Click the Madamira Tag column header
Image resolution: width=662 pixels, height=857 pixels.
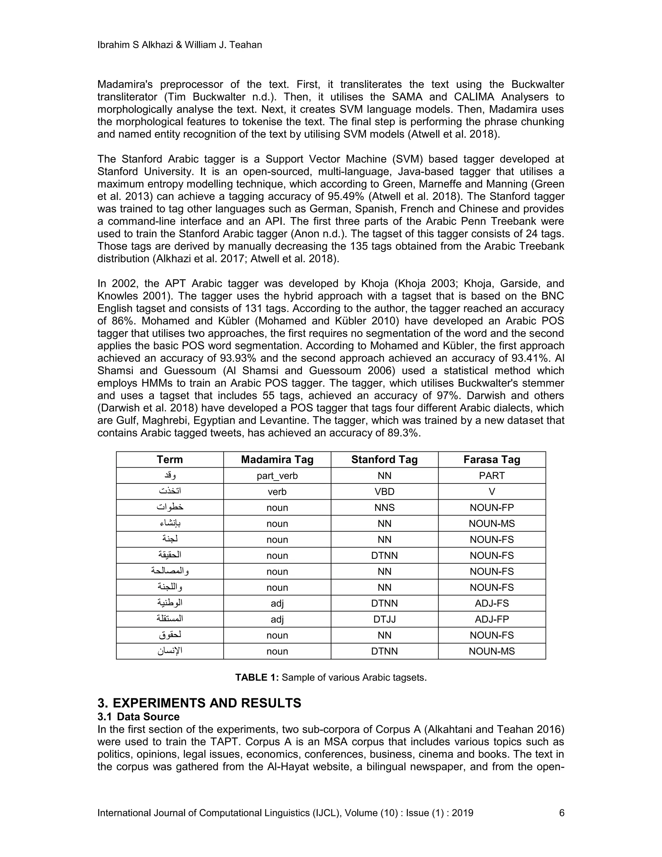coord(277,460)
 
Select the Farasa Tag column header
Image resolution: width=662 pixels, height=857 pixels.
coord(491,460)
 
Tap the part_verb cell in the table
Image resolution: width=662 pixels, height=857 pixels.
coord(277,476)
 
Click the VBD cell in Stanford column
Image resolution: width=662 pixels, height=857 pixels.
coord(384,492)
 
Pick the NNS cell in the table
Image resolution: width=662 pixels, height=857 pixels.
coord(384,508)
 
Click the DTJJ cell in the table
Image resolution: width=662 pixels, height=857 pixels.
coord(384,619)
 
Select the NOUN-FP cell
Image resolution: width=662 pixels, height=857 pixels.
coord(491,508)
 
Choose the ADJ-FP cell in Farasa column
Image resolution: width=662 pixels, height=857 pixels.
coord(491,619)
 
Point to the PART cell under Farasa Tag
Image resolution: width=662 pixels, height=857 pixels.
coord(491,476)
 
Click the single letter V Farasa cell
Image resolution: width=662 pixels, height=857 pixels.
coord(491,492)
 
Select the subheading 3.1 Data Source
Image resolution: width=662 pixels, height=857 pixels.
coord(138,717)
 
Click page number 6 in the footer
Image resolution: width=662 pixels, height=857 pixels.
coord(561,813)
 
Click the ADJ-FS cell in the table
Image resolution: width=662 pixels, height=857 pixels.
coord(491,603)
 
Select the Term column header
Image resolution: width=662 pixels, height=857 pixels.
coord(169,460)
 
